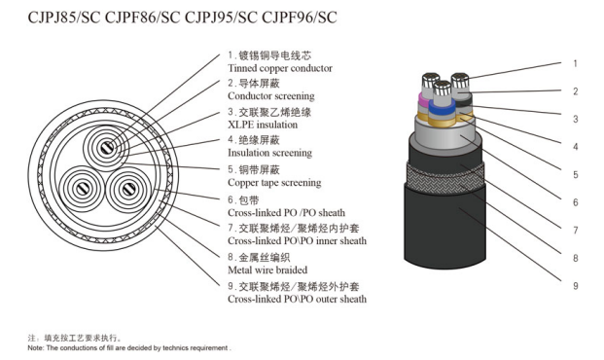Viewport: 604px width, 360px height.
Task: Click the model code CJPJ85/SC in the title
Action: (64, 18)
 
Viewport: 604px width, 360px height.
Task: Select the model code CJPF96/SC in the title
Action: (300, 18)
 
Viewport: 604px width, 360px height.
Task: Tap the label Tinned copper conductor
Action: (280, 68)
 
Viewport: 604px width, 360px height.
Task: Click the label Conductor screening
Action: (271, 96)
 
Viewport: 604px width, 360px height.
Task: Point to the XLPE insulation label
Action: (263, 125)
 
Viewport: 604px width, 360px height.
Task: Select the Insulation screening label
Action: (270, 153)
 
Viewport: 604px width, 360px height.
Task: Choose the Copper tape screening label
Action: (274, 182)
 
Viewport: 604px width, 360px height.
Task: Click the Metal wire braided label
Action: (267, 270)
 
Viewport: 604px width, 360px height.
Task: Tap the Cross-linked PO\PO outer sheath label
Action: (297, 299)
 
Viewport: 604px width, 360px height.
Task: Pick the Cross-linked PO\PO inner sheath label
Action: (297, 241)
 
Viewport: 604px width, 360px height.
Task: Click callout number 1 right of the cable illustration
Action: (575, 63)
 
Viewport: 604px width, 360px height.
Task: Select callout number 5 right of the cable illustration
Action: (575, 175)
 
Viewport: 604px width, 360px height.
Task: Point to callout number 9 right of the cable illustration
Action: (575, 286)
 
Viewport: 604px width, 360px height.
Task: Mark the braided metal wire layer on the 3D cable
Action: (444, 179)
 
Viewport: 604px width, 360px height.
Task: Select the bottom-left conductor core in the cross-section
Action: (83, 189)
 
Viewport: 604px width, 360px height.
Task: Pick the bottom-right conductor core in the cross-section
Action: (128, 190)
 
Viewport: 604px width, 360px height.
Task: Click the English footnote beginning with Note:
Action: (129, 348)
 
